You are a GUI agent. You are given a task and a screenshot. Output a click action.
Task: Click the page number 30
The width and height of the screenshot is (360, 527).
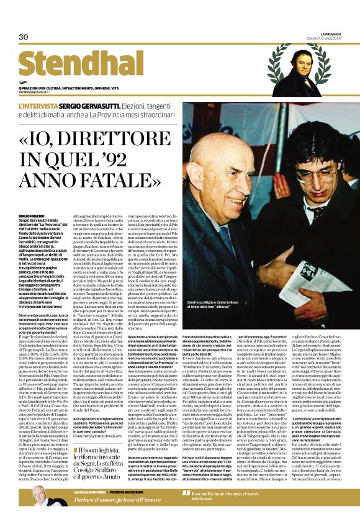pyautogui.click(x=24, y=37)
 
